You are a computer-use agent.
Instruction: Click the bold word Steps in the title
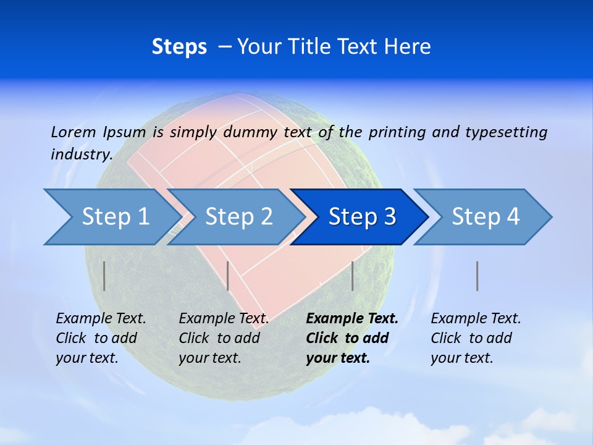pyautogui.click(x=179, y=47)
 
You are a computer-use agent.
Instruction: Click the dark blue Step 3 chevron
pyautogui.click(x=362, y=217)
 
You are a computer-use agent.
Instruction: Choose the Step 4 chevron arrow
pyautogui.click(x=486, y=217)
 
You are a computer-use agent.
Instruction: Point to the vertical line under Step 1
pyautogui.click(x=104, y=276)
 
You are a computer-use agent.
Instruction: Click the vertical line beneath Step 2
pyautogui.click(x=228, y=276)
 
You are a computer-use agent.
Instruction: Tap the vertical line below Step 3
pyautogui.click(x=353, y=276)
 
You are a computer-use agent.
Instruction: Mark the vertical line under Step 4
pyautogui.click(x=477, y=276)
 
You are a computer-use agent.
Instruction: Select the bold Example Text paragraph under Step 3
pyautogui.click(x=352, y=338)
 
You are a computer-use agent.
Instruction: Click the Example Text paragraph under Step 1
pyautogui.click(x=101, y=338)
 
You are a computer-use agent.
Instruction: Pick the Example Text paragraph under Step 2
pyautogui.click(x=224, y=338)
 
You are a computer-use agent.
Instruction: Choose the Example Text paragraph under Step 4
pyautogui.click(x=476, y=338)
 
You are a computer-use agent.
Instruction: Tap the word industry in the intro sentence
pyautogui.click(x=81, y=155)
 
